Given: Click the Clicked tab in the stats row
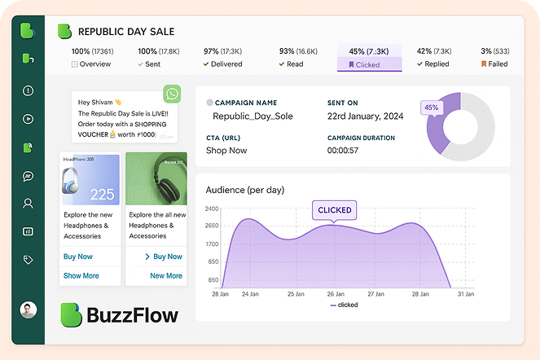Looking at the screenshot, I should [369, 58].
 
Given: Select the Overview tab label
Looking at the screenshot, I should [94, 64].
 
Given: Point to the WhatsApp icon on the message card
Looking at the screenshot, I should [171, 93].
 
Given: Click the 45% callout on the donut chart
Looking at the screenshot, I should [431, 108].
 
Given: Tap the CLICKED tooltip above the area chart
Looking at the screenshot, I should [335, 210].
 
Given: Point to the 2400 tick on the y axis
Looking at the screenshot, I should [212, 209].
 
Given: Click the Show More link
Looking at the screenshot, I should [81, 276].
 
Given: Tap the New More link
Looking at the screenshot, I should [166, 276].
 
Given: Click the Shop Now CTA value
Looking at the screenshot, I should [226, 151].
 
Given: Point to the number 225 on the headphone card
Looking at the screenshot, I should [102, 195].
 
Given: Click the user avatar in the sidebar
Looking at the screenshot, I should [28, 310].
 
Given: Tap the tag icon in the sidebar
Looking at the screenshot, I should [28, 260].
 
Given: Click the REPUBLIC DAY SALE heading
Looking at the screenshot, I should [126, 32].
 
